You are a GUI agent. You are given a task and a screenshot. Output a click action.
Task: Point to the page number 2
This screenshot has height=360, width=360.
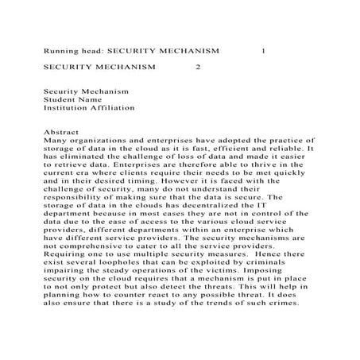198,68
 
